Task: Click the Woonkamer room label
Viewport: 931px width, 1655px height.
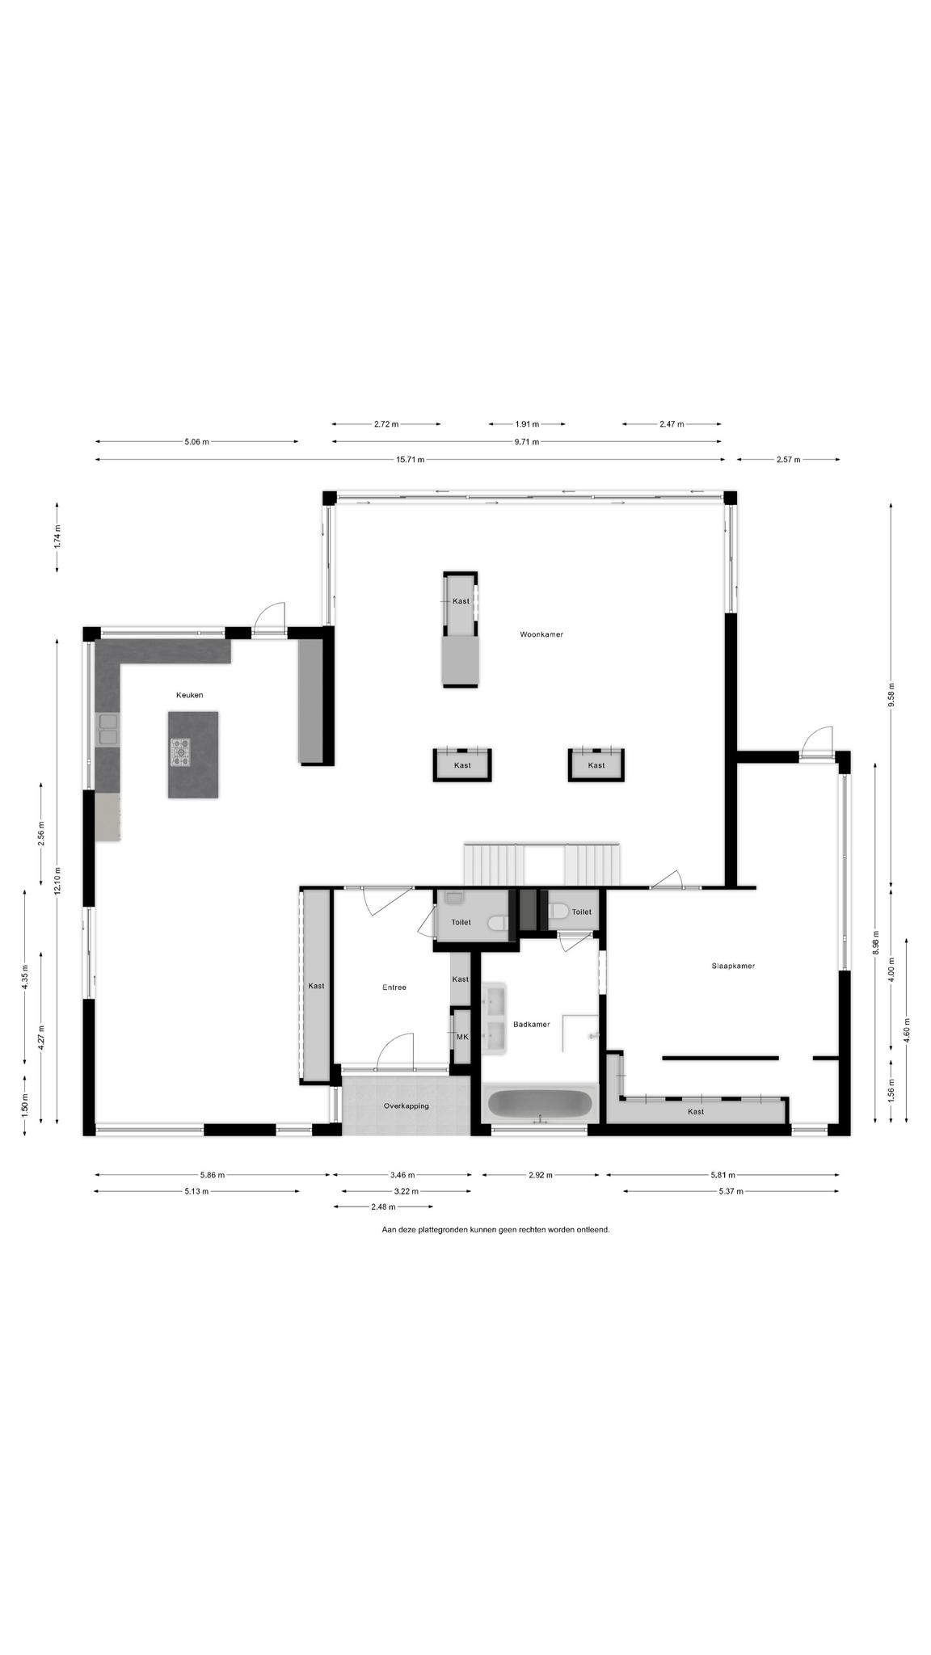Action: (541, 634)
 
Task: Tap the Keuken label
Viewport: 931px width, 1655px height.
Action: (190, 695)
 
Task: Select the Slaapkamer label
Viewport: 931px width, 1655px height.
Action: (733, 966)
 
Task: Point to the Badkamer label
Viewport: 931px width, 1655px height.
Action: (531, 1024)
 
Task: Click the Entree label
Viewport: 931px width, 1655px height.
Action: (394, 987)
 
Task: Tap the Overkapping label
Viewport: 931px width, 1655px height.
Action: (406, 1105)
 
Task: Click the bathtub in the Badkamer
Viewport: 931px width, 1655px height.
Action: (540, 1104)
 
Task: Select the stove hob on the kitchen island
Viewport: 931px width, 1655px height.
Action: (181, 752)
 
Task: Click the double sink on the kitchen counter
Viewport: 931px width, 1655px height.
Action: (107, 730)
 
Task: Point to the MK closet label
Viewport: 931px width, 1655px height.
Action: (462, 1037)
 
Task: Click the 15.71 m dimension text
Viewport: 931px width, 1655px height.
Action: (410, 460)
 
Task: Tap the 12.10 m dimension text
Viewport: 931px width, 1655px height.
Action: (57, 880)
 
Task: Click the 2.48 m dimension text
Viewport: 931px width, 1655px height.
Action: (383, 1207)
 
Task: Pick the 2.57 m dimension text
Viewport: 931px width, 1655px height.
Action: (788, 460)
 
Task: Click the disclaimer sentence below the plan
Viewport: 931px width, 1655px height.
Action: (495, 1229)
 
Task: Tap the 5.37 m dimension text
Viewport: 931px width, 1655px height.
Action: (731, 1191)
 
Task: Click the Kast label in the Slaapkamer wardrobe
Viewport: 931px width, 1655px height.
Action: (695, 1111)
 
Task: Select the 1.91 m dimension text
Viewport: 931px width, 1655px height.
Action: (527, 423)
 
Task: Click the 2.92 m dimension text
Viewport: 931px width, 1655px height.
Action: (540, 1175)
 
